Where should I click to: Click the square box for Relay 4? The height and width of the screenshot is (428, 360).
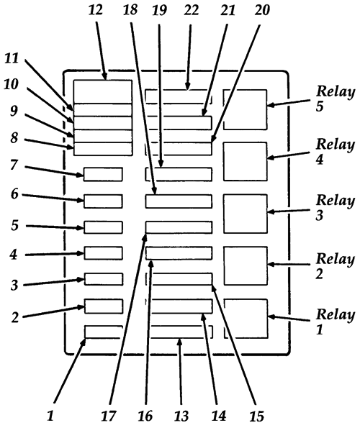245,161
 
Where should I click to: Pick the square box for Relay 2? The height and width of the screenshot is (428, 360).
245,266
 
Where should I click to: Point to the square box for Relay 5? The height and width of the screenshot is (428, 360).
245,109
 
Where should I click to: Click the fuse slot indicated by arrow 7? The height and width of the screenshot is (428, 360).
103,174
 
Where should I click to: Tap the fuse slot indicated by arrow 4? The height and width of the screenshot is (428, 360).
103,252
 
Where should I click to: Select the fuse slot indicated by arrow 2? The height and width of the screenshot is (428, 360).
103,306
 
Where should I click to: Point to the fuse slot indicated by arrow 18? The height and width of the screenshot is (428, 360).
179,201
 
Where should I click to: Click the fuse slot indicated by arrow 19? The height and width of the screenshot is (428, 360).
179,174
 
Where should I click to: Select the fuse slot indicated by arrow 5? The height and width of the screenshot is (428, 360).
103,227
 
